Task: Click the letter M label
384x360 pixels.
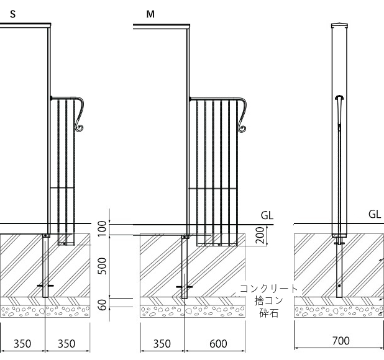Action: (x=150, y=13)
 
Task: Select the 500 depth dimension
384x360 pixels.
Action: (x=103, y=266)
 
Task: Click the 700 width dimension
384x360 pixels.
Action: (x=341, y=341)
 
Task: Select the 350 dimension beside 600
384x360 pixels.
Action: (x=162, y=343)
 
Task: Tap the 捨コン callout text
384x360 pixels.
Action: (x=268, y=300)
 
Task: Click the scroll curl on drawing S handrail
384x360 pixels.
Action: (x=80, y=128)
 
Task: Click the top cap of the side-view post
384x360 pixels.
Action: (x=339, y=25)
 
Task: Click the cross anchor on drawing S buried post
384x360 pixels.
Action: (x=45, y=286)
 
